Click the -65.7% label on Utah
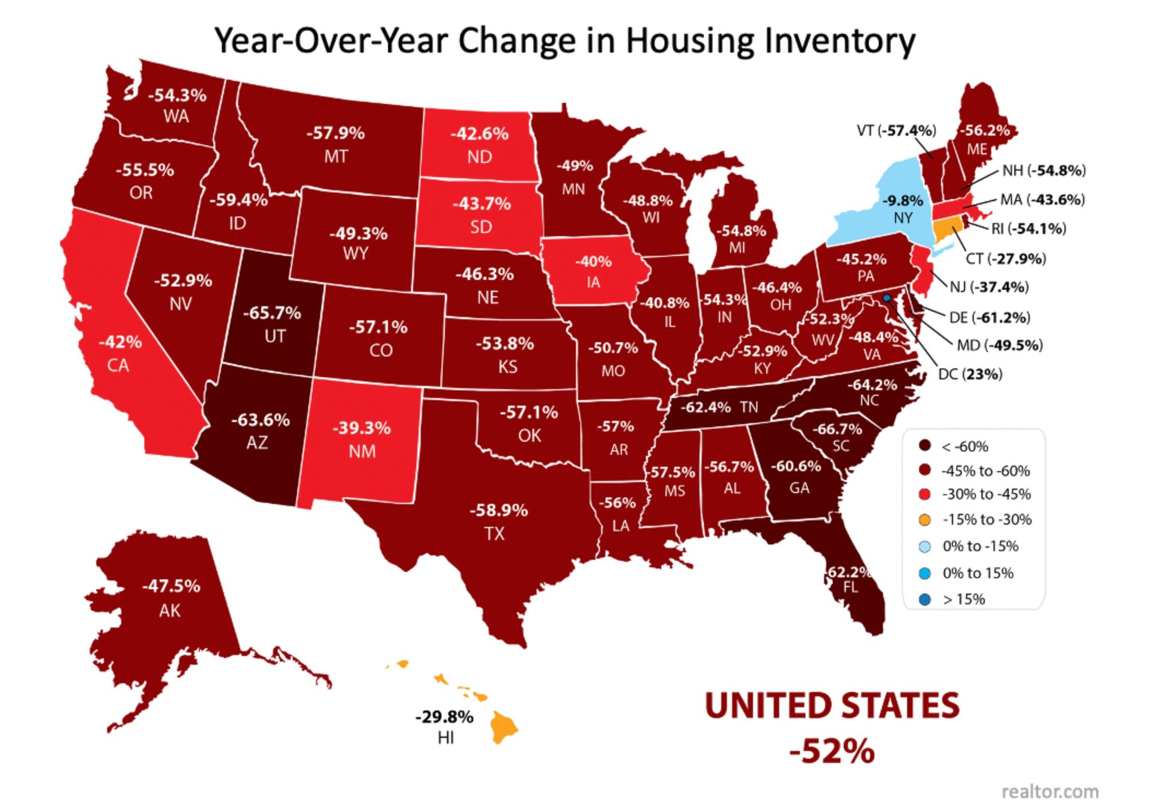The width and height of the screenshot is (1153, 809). point(271,313)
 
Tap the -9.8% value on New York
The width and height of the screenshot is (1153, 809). point(903,200)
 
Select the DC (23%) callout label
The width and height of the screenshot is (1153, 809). point(970,374)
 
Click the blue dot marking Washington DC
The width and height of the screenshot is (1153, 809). point(886,298)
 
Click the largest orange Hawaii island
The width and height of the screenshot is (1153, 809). point(503,727)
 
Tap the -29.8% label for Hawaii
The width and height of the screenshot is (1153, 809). point(444,717)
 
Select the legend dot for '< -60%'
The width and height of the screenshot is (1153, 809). point(925,446)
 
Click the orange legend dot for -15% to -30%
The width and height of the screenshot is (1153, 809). point(925,520)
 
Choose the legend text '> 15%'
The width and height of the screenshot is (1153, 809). point(964,599)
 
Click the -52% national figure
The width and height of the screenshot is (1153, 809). point(832,751)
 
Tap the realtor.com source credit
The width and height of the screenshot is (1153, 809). point(1050,792)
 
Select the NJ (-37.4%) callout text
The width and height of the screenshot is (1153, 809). point(988,287)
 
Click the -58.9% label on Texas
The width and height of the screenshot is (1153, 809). point(498,510)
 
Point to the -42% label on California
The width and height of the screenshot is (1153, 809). point(120,342)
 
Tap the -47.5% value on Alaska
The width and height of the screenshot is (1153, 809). point(171,586)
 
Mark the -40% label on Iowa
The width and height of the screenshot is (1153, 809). point(593,261)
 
